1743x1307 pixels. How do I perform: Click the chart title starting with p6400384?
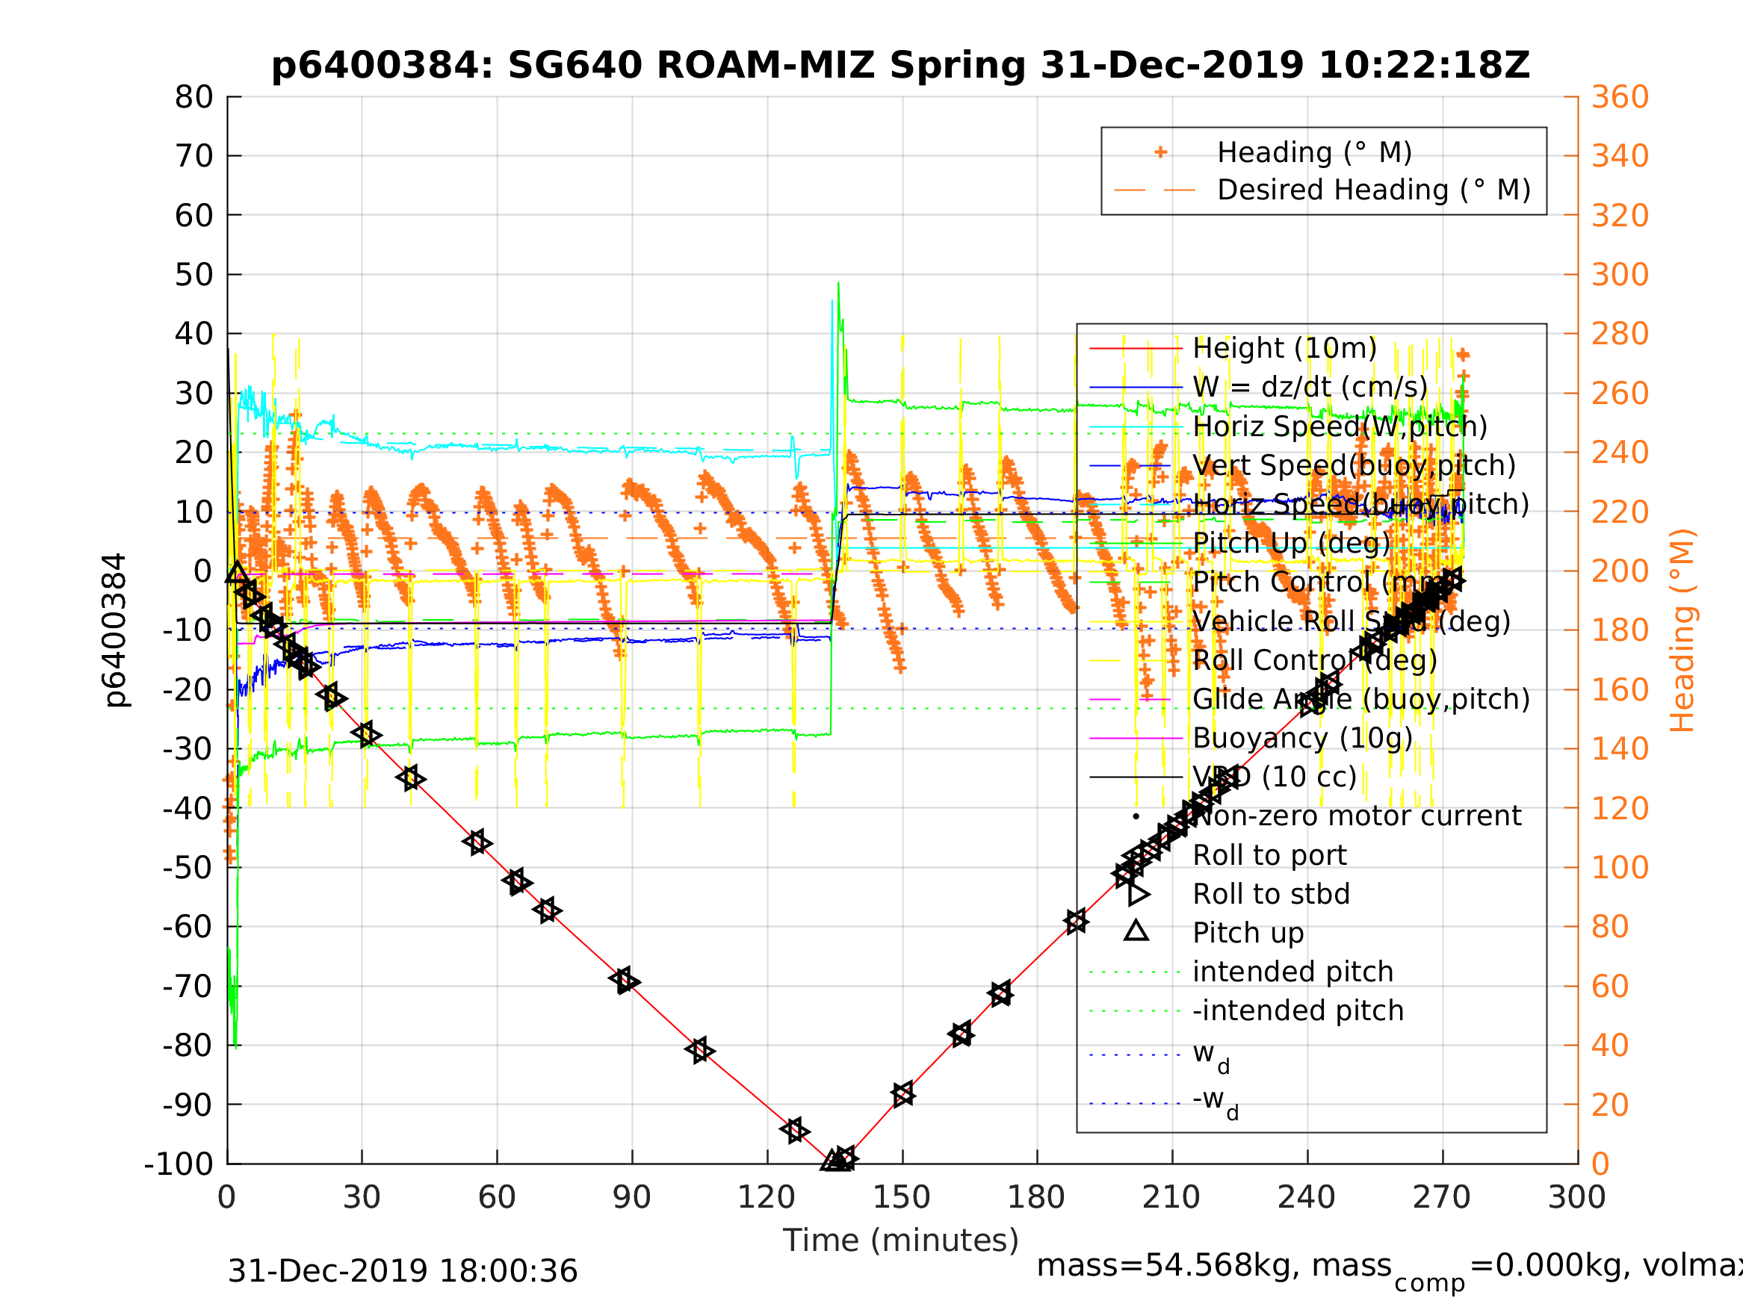coord(900,66)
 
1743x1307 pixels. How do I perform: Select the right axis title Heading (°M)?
coord(1682,630)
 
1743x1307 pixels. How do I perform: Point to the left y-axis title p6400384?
coord(116,630)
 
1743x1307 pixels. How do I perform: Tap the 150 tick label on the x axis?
coord(903,1198)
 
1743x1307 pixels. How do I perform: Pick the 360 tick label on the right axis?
coord(1620,98)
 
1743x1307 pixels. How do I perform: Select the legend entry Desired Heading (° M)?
coord(1373,190)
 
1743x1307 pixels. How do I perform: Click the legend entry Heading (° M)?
coord(1314,153)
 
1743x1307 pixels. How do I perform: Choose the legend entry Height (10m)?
coord(1284,348)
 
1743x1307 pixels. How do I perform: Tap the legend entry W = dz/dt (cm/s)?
coord(1310,388)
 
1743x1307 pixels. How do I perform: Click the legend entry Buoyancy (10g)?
coord(1302,739)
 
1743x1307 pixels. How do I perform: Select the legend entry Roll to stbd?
coord(1271,895)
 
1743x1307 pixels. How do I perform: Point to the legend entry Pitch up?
coord(1248,934)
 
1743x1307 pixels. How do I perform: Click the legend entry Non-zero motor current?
coord(1357,816)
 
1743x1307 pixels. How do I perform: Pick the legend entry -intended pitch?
coord(1298,1010)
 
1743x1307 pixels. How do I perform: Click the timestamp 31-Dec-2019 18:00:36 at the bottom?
coord(403,1270)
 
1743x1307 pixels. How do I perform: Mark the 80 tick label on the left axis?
coord(194,98)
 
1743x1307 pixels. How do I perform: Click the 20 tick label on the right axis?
coord(1610,1105)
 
